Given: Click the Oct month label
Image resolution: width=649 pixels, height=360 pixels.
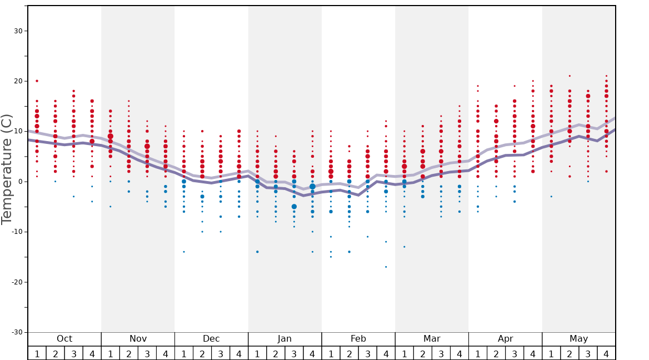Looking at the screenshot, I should pyautogui.click(x=64, y=339).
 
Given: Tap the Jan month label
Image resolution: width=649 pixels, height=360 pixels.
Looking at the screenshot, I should pyautogui.click(x=284, y=339).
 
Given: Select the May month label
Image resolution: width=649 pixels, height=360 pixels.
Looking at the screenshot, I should pyautogui.click(x=578, y=339).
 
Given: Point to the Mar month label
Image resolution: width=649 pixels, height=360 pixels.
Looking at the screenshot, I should pyautogui.click(x=432, y=339).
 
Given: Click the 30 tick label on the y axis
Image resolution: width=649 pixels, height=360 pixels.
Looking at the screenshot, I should pyautogui.click(x=18, y=31).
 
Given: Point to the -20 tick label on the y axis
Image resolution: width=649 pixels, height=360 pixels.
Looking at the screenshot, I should pyautogui.click(x=16, y=282).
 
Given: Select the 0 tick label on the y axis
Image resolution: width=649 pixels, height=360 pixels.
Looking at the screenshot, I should pyautogui.click(x=20, y=182).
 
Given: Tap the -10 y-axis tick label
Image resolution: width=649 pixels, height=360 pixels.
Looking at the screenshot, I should pyautogui.click(x=16, y=232).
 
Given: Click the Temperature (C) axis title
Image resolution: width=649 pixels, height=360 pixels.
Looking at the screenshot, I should pyautogui.click(x=7, y=169).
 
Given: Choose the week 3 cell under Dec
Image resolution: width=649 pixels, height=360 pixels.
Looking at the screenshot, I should pyautogui.click(x=221, y=353).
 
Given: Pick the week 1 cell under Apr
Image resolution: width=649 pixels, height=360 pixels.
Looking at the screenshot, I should pyautogui.click(x=477, y=353).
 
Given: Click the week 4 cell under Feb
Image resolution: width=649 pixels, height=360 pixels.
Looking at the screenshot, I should pyautogui.click(x=386, y=353).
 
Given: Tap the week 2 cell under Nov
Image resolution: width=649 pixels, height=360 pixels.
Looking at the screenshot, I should pyautogui.click(x=129, y=353).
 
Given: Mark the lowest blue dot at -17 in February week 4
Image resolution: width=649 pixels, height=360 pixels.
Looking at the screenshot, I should pyautogui.click(x=386, y=267).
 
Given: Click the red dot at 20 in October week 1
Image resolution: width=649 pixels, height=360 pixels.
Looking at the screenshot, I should pyautogui.click(x=37, y=81).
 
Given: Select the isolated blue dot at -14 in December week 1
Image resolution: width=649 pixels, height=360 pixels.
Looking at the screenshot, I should pyautogui.click(x=184, y=252).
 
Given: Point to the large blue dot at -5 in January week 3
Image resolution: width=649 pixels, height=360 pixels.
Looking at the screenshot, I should pyautogui.click(x=294, y=207).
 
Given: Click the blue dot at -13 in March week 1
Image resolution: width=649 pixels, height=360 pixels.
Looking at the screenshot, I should pyautogui.click(x=404, y=247).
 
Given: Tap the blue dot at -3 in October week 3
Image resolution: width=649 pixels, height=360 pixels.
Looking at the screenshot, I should pyautogui.click(x=73, y=197).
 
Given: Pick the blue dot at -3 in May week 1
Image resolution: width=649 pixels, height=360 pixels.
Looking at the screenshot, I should pyautogui.click(x=551, y=197).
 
